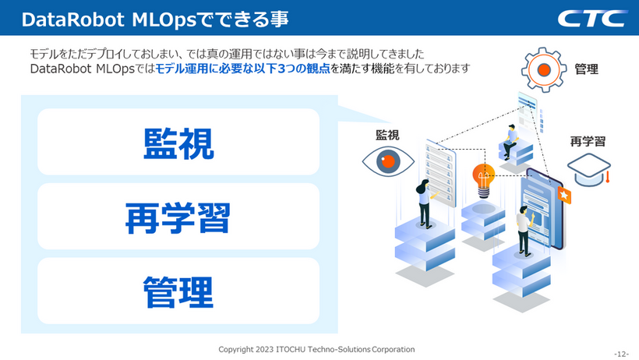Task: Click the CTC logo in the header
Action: point(592,19)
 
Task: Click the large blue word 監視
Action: point(178,143)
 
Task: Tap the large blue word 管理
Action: point(178,292)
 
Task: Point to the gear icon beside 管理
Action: point(544,69)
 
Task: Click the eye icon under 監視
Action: point(388,161)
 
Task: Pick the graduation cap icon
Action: point(589,169)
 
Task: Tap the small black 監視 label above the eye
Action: point(387,135)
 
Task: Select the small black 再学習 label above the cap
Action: point(588,142)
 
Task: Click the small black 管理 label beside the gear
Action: point(587,69)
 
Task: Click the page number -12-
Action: point(622,354)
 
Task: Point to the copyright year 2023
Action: point(264,349)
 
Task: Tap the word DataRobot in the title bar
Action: point(73,19)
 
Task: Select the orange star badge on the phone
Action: point(564,196)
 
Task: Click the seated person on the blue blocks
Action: point(510,142)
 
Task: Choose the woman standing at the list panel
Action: point(425,203)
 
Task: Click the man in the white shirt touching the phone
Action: point(525,231)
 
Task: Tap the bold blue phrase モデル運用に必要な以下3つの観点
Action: point(242,69)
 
